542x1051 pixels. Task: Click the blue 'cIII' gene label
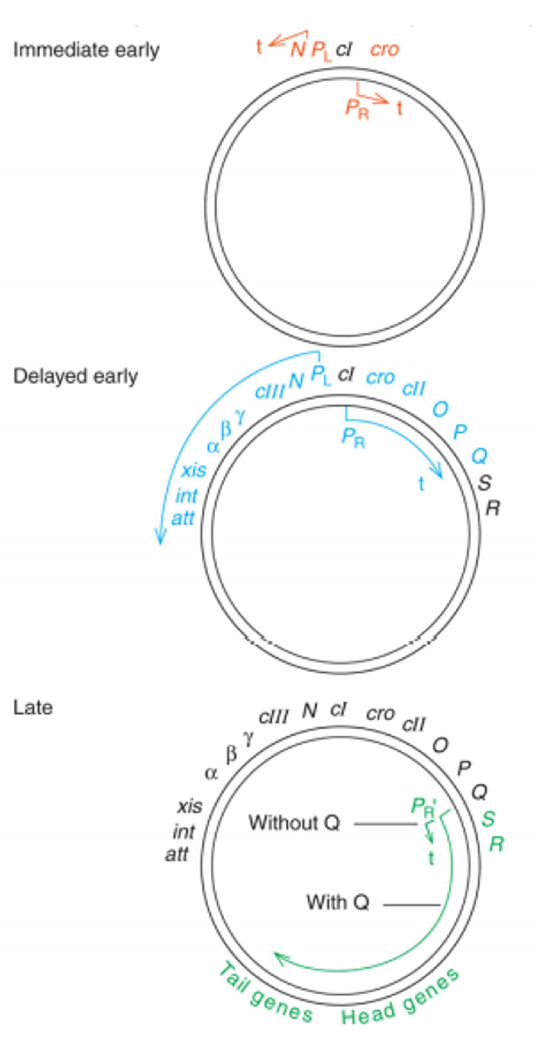(269, 392)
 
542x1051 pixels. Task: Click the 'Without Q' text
(294, 823)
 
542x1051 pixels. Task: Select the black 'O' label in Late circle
(440, 745)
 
